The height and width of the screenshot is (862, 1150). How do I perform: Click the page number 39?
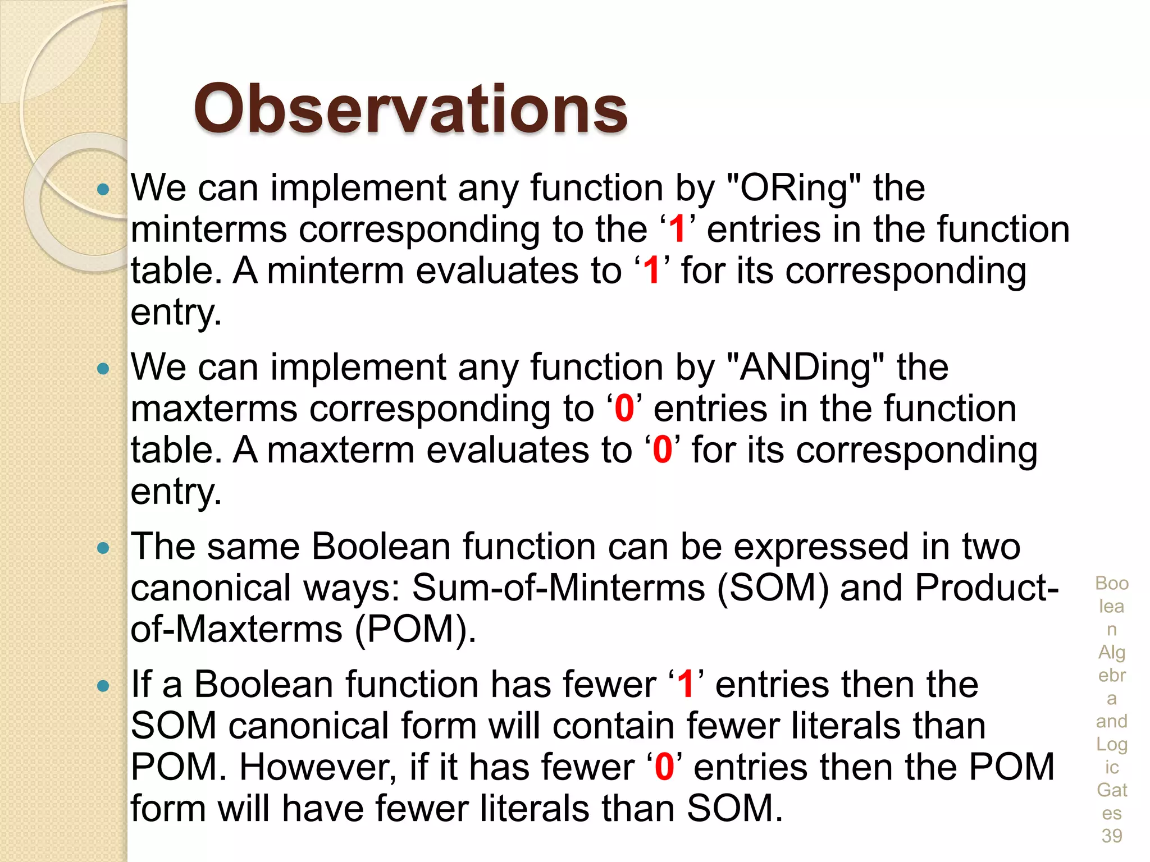[1111, 836]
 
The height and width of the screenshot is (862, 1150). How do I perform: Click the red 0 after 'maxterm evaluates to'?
[663, 450]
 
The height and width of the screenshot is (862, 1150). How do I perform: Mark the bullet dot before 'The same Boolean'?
[103, 548]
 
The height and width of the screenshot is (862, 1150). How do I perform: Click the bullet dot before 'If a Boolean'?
[103, 686]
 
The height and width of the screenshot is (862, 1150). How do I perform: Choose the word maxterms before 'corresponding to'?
[214, 409]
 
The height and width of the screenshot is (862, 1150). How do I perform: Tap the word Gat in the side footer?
[1111, 790]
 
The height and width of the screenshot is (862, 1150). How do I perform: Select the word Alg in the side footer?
[1111, 653]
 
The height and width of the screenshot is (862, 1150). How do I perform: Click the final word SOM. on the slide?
[734, 809]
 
